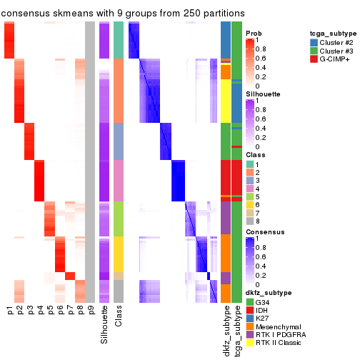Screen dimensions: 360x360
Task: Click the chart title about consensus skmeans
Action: click(x=122, y=14)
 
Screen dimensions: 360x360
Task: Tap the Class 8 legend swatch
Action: click(x=249, y=221)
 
